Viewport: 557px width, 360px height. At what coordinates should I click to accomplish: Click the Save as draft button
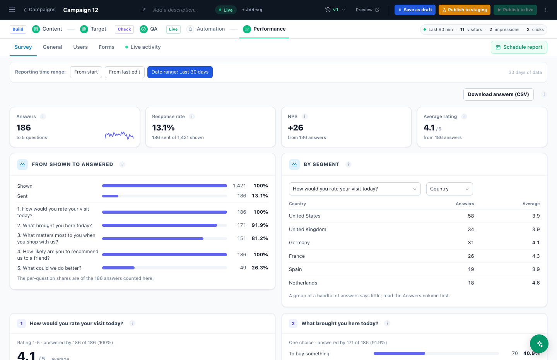coord(415,10)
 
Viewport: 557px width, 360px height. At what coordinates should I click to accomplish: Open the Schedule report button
coord(519,47)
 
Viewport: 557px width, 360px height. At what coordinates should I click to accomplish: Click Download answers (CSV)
coord(498,94)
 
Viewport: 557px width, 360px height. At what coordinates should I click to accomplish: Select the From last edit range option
coord(125,72)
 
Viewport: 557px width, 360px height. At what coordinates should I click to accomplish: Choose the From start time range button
coord(86,72)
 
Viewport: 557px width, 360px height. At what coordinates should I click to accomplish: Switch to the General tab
coord(53,47)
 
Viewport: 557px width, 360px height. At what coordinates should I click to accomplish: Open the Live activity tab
coord(143,47)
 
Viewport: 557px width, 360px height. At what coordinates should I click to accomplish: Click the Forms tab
coord(106,47)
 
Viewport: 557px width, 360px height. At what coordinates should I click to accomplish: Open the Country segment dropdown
coord(449,189)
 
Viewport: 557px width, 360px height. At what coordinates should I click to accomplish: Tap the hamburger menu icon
coord(12,10)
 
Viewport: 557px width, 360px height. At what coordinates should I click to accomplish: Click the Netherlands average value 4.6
coord(536,283)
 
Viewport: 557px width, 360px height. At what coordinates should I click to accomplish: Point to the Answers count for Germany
coord(471,243)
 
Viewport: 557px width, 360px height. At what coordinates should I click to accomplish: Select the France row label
coord(297,256)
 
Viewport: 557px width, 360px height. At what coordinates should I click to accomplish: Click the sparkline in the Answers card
coord(119,135)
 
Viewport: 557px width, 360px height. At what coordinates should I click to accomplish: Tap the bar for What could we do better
coord(118,268)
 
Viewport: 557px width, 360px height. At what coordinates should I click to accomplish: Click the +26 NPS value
coord(296,128)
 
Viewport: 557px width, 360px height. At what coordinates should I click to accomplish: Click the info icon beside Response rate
coord(191,117)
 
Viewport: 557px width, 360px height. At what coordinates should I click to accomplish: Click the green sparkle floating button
coord(539,344)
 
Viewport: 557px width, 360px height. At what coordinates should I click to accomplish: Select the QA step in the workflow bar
coord(149,29)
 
